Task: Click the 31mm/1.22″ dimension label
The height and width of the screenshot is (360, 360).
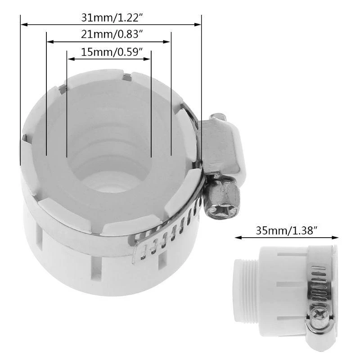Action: (111, 18)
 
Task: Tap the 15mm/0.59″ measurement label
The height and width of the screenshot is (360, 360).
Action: (109, 52)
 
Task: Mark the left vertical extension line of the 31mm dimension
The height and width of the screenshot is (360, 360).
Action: (21, 90)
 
